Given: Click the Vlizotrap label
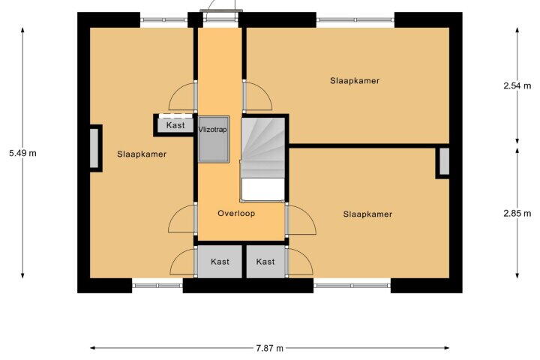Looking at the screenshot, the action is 212,130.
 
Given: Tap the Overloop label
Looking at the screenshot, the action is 236,213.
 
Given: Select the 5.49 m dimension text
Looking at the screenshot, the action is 22,153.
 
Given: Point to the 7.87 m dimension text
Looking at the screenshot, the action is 270,348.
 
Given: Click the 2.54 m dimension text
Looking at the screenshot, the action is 517,85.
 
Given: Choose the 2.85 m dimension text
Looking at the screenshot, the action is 517,214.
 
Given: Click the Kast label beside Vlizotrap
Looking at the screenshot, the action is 175,125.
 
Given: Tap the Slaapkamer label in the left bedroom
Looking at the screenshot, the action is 142,154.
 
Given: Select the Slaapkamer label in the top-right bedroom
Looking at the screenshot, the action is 355,80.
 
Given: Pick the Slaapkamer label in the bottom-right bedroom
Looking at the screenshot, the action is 367,214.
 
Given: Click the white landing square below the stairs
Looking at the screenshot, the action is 263,189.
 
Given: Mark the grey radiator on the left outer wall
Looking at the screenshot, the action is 94,148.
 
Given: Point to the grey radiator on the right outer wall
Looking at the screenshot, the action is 444,161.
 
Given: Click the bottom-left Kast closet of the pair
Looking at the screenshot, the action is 220,262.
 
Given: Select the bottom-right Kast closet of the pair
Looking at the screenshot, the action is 265,262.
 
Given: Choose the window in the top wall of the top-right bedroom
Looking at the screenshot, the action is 355,20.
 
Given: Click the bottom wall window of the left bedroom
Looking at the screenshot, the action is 157,286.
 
